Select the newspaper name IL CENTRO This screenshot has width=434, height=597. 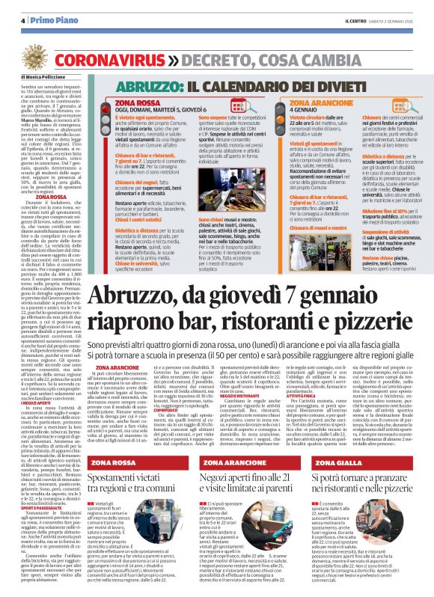pyautogui.click(x=356, y=20)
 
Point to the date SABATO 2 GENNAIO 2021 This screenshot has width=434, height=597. pyautogui.click(x=398, y=20)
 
